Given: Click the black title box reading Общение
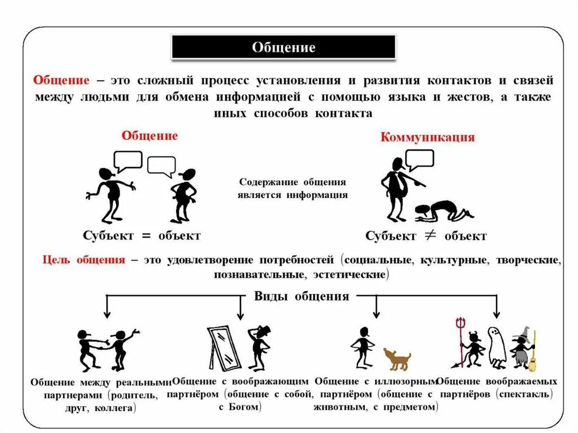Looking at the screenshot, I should coord(283,47).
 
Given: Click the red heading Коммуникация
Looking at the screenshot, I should coord(427,137).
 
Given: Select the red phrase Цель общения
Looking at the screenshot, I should coord(84,261).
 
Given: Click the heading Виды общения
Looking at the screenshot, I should coord(301,296).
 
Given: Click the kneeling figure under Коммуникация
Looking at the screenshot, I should coord(444,210).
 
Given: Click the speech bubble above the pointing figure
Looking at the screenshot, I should coord(420,159).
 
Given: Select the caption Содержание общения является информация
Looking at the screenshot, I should coord(293,189).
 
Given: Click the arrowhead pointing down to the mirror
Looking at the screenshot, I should coord(240,316).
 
